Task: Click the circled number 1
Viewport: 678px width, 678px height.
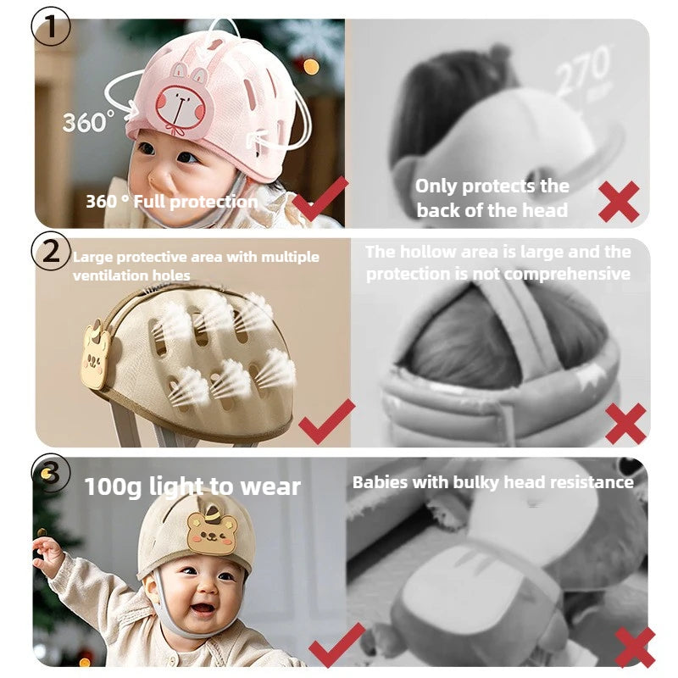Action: [x=51, y=26]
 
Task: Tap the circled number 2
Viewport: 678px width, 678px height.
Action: [x=51, y=251]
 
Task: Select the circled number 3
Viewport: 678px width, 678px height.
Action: [x=51, y=473]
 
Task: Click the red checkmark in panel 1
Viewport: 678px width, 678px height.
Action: [x=320, y=199]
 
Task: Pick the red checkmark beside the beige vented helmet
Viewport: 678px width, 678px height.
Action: [x=326, y=421]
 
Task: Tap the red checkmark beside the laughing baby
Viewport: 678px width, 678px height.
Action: [x=336, y=645]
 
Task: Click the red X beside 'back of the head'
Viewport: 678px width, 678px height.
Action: [x=619, y=202]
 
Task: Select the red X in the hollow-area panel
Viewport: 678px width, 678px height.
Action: [x=625, y=423]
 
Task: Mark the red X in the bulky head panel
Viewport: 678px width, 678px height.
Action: [x=635, y=647]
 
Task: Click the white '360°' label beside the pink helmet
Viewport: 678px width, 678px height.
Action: [x=89, y=121]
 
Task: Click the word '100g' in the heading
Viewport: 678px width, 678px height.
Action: [x=113, y=487]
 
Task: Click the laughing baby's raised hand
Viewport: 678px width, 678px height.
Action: [x=47, y=554]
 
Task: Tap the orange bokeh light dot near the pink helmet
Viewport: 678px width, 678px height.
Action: [x=311, y=67]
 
